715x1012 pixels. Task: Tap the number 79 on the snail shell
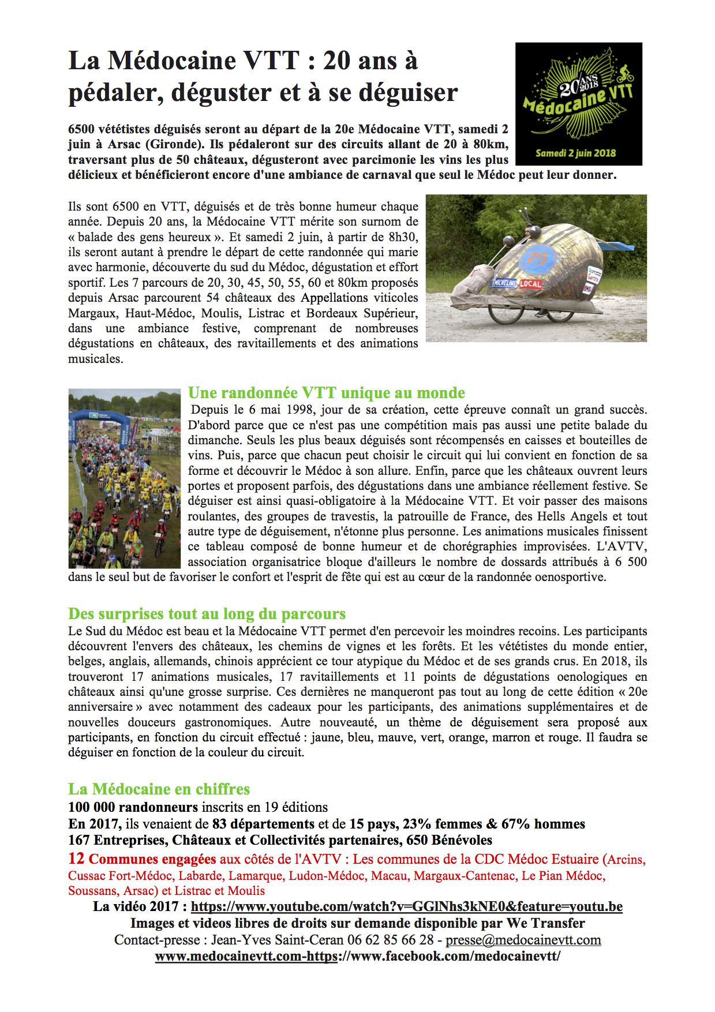(x=537, y=258)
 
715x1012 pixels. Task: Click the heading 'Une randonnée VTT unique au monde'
(x=326, y=393)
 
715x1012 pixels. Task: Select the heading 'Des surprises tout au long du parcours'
(x=207, y=613)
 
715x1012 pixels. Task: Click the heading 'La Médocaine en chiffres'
(x=159, y=789)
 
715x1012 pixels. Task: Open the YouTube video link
(x=406, y=906)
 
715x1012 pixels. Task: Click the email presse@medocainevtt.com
(x=523, y=940)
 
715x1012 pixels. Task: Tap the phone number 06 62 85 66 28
(x=390, y=940)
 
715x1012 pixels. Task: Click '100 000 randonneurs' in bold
(x=133, y=807)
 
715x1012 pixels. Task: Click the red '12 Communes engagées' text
(x=142, y=859)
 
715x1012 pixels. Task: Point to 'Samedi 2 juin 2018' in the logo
(x=575, y=153)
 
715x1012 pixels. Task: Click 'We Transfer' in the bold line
(x=546, y=923)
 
